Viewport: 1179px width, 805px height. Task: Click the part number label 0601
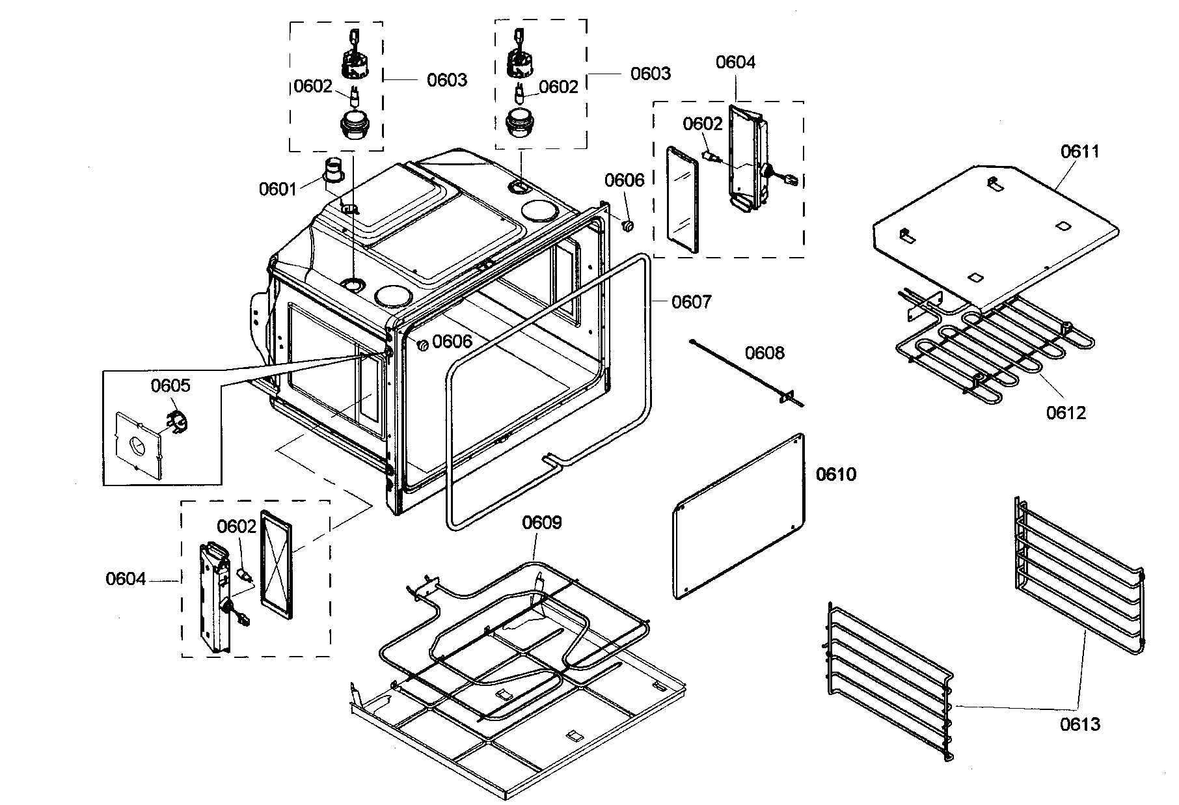(278, 189)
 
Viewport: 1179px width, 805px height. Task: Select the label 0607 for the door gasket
(692, 302)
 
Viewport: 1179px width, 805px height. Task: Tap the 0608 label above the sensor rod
(765, 353)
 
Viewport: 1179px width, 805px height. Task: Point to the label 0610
(836, 474)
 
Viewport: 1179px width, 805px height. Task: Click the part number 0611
(1080, 152)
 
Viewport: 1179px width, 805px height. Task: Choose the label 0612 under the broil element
(1066, 413)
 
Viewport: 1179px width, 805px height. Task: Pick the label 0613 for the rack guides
(1080, 724)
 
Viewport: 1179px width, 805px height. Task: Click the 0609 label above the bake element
(542, 523)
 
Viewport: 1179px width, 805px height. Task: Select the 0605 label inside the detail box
(170, 386)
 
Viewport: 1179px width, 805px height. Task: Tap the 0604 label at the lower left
(126, 579)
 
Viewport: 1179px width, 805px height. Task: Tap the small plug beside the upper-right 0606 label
(629, 226)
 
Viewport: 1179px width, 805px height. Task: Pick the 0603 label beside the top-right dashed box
(650, 74)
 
